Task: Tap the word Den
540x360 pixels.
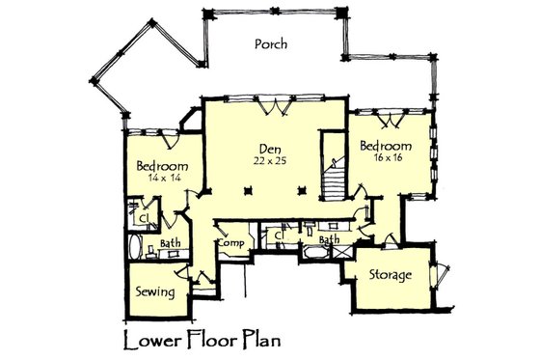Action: click(268, 148)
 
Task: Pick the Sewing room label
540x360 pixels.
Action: click(154, 291)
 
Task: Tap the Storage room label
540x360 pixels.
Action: click(390, 275)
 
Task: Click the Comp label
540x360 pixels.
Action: click(229, 243)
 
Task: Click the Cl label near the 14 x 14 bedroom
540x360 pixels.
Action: click(142, 218)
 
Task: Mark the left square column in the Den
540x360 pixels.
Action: click(248, 189)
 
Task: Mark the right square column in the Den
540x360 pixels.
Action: click(302, 189)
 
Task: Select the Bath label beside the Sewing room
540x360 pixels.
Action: click(171, 243)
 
